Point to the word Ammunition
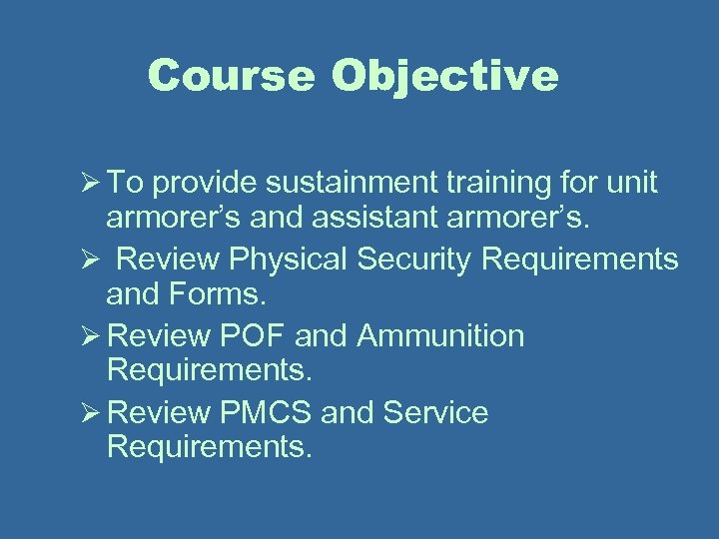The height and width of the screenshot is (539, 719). pyautogui.click(x=440, y=335)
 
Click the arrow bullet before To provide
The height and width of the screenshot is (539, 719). pyautogui.click(x=84, y=184)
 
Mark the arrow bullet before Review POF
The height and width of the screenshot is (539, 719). pyautogui.click(x=84, y=336)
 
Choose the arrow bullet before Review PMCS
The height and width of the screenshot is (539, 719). pyautogui.click(x=84, y=413)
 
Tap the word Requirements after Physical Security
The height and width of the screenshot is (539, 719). pyautogui.click(x=580, y=259)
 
